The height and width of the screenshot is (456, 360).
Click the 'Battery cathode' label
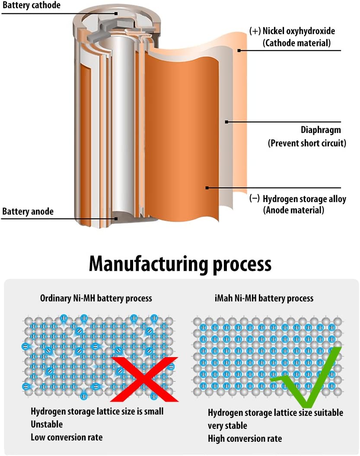31,6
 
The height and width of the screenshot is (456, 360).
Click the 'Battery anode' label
28,212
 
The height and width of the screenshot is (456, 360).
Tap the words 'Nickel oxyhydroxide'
299,31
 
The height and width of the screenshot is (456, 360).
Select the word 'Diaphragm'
321,130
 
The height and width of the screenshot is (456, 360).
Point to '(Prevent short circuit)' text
307,143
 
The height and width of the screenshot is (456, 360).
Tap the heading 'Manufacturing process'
180,264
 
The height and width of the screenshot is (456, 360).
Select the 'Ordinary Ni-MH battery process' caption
96,298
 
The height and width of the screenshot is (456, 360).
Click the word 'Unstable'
47,424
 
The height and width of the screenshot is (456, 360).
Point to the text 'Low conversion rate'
67,437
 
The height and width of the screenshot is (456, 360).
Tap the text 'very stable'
227,425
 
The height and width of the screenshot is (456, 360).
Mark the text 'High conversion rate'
245,438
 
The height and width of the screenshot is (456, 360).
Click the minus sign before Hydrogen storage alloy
255,199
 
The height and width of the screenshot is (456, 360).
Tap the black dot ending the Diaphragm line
226,122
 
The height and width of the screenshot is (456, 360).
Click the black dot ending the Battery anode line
116,218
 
